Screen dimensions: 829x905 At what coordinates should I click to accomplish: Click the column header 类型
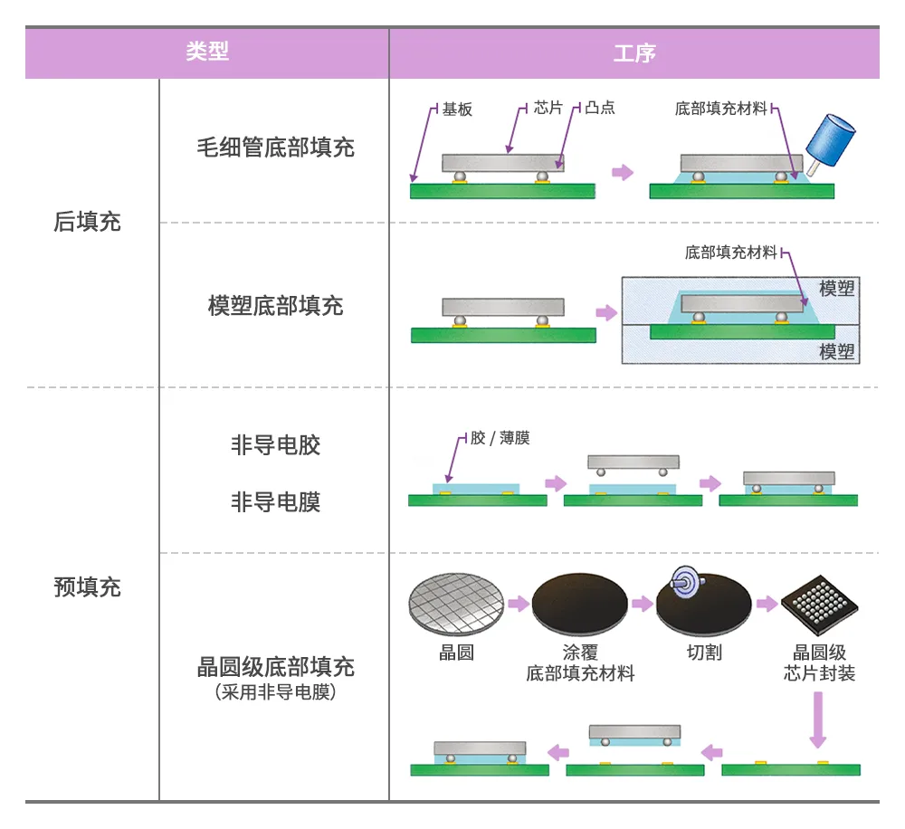(207, 52)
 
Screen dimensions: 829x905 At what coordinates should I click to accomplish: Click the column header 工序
(633, 52)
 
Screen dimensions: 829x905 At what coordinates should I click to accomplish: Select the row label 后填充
(87, 222)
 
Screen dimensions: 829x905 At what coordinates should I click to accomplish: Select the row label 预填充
(87, 586)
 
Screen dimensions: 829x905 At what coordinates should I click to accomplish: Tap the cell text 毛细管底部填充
(275, 148)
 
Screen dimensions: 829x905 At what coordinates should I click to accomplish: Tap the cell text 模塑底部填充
(275, 305)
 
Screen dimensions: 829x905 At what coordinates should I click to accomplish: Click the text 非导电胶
(275, 445)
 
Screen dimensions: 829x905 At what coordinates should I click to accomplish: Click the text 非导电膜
(275, 500)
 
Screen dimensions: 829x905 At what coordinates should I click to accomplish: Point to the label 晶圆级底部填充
(275, 668)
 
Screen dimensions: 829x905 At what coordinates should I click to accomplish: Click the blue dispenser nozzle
(831, 145)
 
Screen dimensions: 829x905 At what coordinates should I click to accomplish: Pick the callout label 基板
(457, 109)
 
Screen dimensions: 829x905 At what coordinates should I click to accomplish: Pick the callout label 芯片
(548, 108)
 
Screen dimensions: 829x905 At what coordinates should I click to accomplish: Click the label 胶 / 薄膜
(500, 438)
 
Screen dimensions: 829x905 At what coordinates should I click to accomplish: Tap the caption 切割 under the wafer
(704, 653)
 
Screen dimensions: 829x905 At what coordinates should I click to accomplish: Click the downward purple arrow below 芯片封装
(818, 719)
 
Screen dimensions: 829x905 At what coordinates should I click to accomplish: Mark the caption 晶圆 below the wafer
(456, 653)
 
